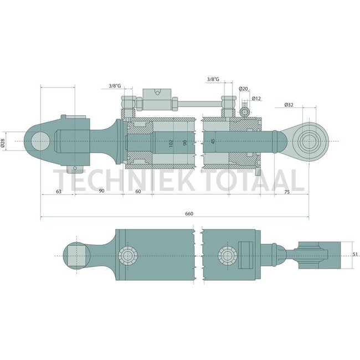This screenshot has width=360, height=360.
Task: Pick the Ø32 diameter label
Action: click(x=289, y=105)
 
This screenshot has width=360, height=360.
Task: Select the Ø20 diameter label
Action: click(x=243, y=89)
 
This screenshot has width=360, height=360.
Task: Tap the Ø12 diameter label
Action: click(x=256, y=98)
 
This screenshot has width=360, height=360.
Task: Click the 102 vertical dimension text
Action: click(x=171, y=143)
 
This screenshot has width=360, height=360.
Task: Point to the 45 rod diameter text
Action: click(x=214, y=141)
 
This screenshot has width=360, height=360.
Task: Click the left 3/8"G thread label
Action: click(x=115, y=86)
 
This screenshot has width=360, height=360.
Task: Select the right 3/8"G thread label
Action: click(x=212, y=80)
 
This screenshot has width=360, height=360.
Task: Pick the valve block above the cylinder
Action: click(x=158, y=97)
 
